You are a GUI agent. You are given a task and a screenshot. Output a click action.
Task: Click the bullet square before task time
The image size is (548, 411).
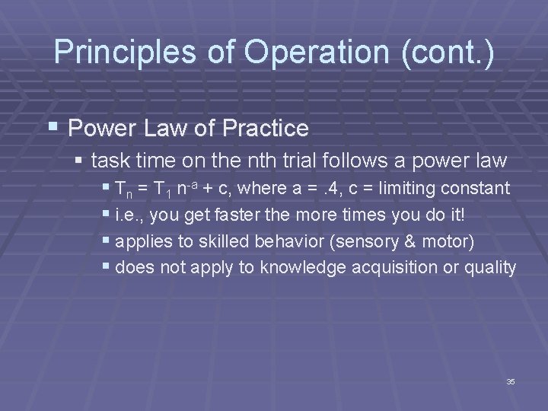pos(80,161)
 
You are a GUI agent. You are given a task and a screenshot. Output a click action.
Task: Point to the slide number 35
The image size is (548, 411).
pos(511,381)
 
